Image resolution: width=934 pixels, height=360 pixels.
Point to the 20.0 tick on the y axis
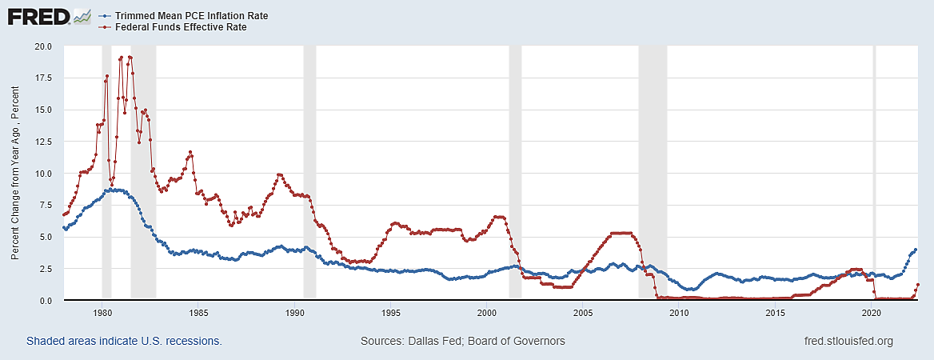[41, 46]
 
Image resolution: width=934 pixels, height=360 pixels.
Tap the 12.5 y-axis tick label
[41, 142]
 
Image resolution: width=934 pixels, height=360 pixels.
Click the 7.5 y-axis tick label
[43, 206]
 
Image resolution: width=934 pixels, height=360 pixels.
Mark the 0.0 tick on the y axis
[43, 301]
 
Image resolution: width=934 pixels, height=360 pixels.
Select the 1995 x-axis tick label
[391, 312]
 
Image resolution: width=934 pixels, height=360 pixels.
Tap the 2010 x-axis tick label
[680, 312]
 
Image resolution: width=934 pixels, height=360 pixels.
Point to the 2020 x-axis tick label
[872, 312]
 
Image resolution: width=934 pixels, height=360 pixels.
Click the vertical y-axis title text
[16, 174]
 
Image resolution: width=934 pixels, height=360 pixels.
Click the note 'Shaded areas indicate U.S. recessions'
[124, 342]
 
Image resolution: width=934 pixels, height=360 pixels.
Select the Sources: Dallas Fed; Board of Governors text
[463, 342]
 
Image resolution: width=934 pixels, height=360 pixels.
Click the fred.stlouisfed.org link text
[847, 342]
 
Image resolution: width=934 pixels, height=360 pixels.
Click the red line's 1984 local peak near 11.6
[190, 152]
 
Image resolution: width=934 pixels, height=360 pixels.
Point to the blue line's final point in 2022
[915, 250]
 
